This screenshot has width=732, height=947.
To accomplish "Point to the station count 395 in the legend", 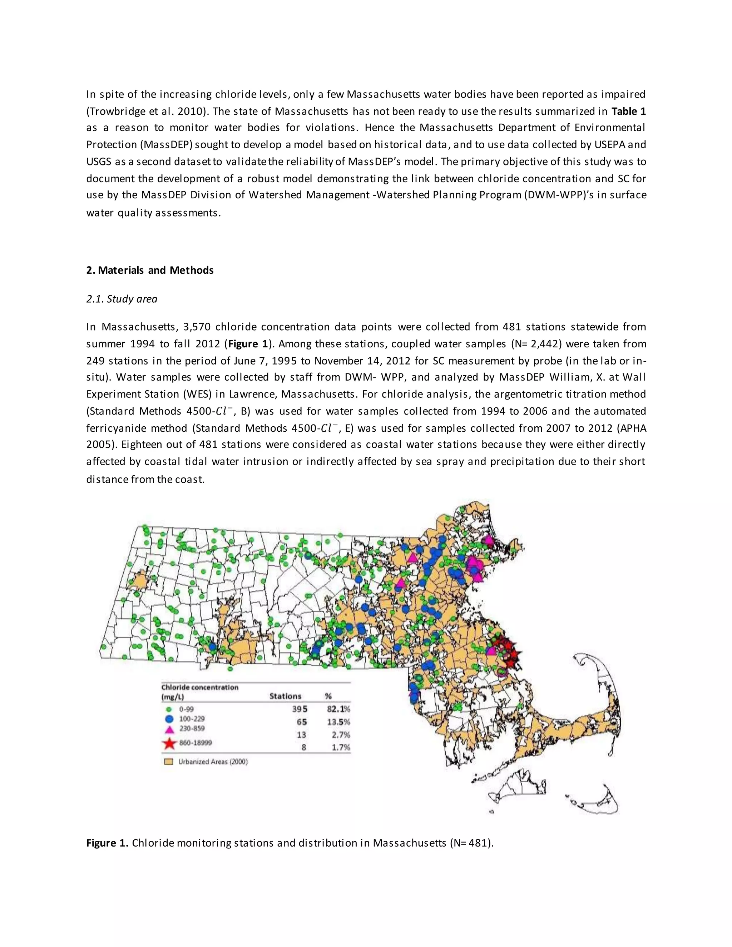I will click(x=300, y=709).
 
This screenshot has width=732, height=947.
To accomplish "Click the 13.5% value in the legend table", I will click(x=339, y=722).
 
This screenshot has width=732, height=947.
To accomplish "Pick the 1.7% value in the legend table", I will click(x=341, y=747).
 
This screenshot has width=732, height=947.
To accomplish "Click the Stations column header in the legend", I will click(x=285, y=696).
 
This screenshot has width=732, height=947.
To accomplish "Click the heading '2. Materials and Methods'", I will click(x=150, y=270).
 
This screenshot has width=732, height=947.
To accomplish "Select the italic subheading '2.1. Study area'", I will click(x=122, y=299).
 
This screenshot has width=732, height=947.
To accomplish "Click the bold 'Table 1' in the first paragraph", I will click(x=628, y=111).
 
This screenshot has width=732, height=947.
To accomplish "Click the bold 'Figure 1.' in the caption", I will click(x=107, y=843).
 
